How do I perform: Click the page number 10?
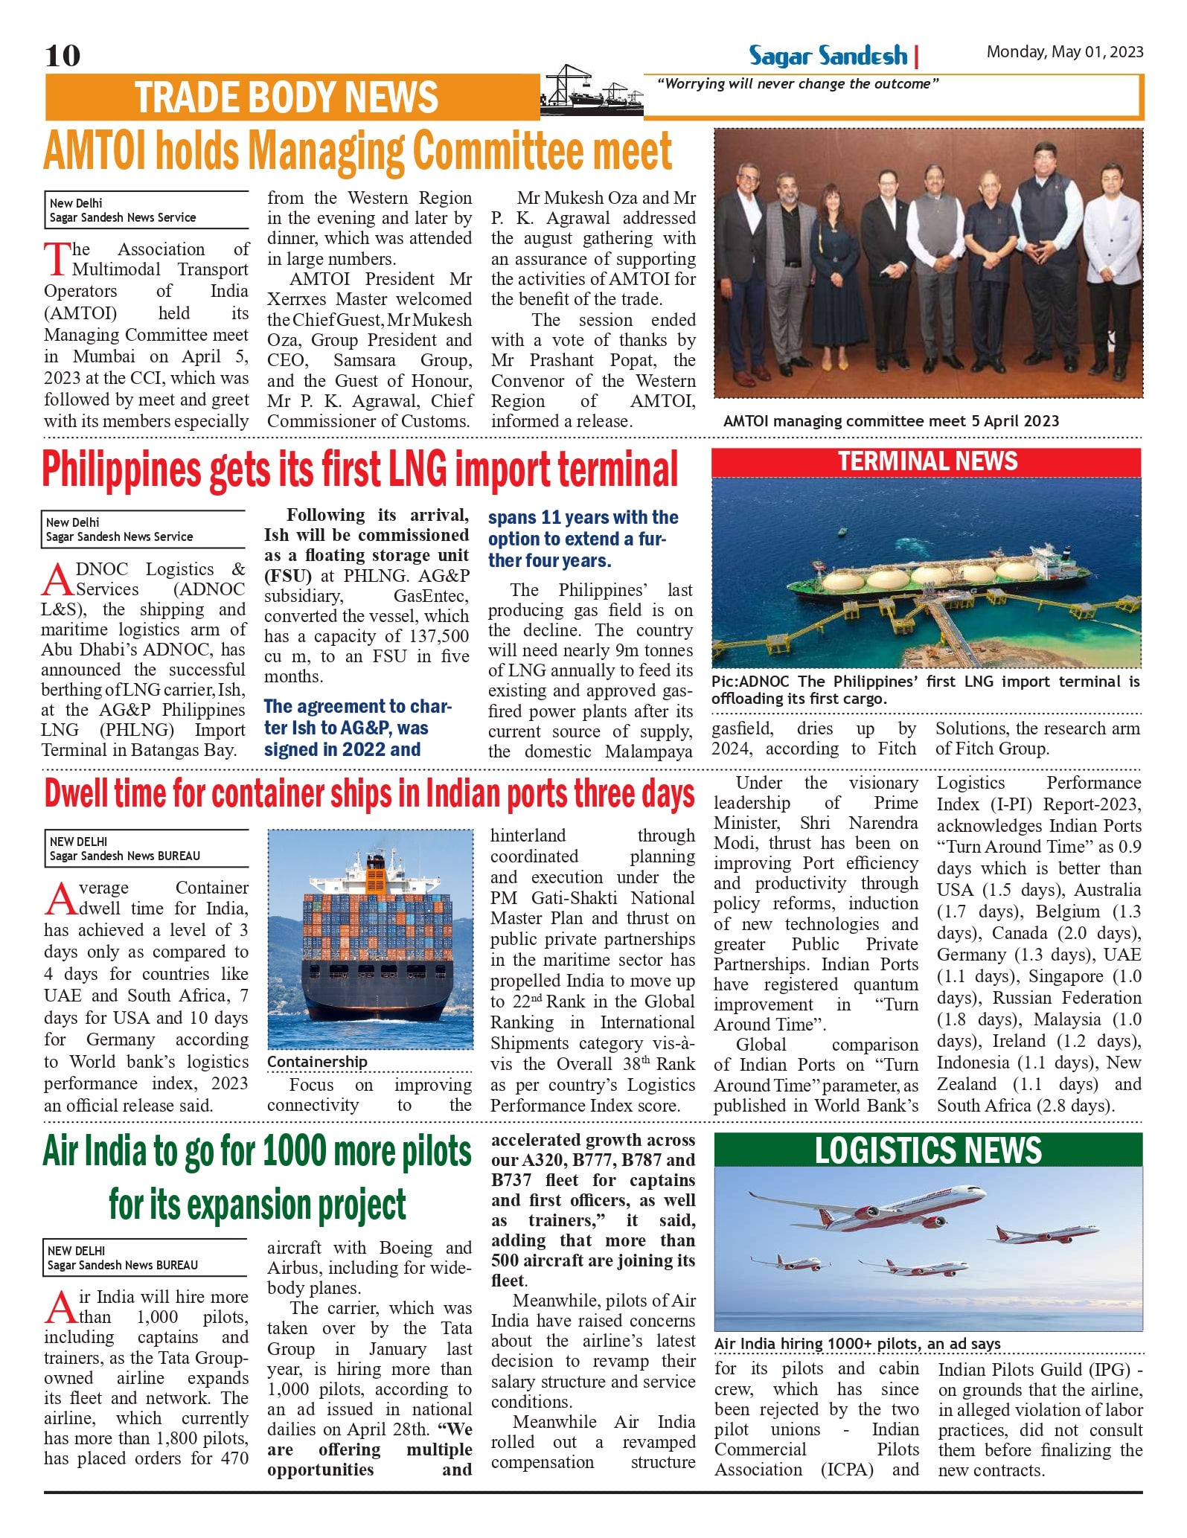63,56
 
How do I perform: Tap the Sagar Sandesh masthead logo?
828,56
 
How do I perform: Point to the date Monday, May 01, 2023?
1064,52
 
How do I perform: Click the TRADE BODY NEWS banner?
287,97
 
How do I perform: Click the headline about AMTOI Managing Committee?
358,151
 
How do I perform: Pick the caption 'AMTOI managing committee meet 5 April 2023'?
891,421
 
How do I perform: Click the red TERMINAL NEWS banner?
927,462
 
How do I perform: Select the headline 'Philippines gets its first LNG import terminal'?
360,470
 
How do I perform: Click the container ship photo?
371,939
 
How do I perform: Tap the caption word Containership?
318,1062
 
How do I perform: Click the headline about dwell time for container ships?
369,794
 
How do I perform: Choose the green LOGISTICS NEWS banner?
928,1151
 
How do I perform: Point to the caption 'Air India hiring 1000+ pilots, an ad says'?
857,1344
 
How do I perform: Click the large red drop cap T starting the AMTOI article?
57,259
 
